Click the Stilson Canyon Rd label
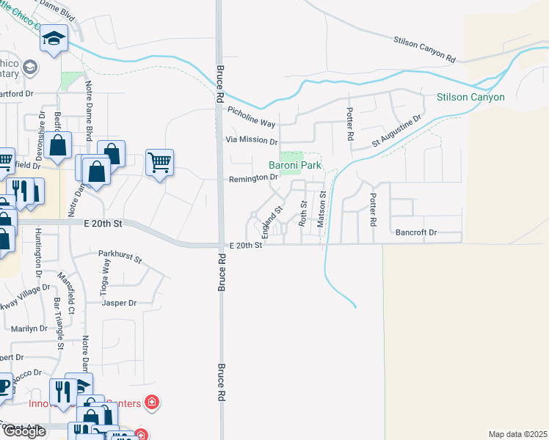(425, 49)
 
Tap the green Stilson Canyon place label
(470, 97)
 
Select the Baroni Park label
(294, 166)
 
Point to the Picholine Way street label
(252, 118)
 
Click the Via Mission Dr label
(251, 141)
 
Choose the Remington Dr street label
(254, 177)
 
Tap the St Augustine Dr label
(396, 131)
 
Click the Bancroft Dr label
(416, 232)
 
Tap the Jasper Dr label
(120, 302)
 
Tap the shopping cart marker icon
(159, 161)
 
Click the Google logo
(23, 431)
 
